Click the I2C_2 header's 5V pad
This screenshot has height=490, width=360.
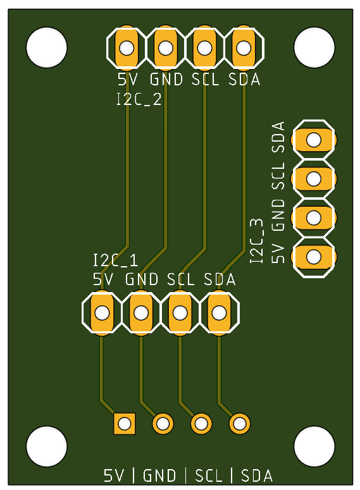click(x=127, y=47)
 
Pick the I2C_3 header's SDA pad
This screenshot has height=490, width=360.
click(x=313, y=140)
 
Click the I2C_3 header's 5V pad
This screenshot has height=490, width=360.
click(x=313, y=257)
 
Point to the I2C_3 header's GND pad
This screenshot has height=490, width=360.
click(x=313, y=217)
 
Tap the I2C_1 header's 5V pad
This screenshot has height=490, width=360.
click(x=101, y=312)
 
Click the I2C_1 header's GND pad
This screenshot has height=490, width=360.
click(x=140, y=312)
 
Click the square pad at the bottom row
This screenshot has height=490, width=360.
click(x=124, y=423)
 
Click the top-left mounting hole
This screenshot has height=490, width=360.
click(x=47, y=47)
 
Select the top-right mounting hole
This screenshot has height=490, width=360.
click(x=314, y=47)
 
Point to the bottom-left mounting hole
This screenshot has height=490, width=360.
click(x=47, y=446)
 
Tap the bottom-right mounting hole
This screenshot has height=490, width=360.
click(x=314, y=446)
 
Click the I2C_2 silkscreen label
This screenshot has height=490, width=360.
click(x=139, y=99)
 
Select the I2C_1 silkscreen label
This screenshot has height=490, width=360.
click(x=115, y=260)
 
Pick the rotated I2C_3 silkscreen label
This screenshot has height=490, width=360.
click(x=256, y=241)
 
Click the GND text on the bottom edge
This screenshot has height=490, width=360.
click(x=160, y=475)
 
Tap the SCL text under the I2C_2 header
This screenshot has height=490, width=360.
click(x=205, y=80)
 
